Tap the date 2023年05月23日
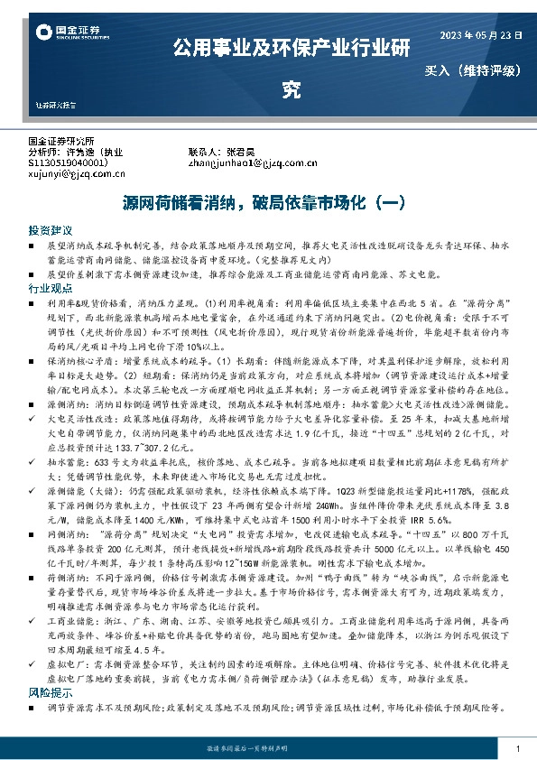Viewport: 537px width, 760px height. pyautogui.click(x=480, y=34)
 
